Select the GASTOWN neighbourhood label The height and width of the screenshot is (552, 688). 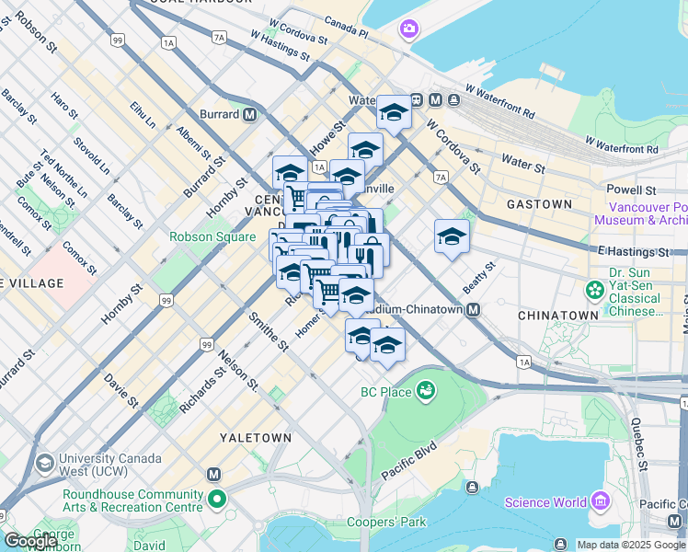[x=539, y=203]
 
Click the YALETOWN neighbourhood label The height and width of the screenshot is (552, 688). [x=256, y=438]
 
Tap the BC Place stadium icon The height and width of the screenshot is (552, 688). [x=425, y=393]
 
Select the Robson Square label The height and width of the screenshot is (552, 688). [x=212, y=236]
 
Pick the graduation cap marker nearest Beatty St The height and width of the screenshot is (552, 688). [x=452, y=236]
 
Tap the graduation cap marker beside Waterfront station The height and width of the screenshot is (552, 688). [x=394, y=113]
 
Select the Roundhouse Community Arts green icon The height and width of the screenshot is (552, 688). [x=217, y=500]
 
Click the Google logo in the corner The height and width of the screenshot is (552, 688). [x=30, y=541]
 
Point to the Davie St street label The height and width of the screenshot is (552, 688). [x=120, y=389]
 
